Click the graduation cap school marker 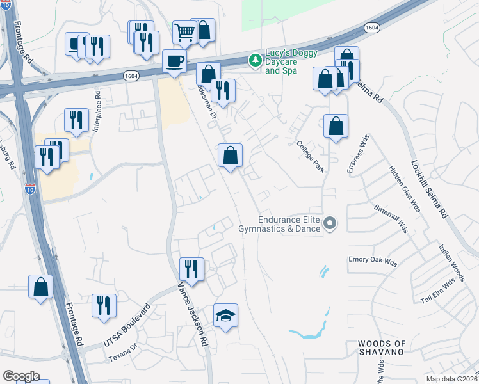(x=225, y=316)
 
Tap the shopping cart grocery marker (x=184, y=31)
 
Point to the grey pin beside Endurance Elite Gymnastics (x=330, y=223)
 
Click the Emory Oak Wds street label (x=373, y=262)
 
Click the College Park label (x=311, y=157)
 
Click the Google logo (x=22, y=376)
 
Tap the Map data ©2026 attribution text (x=452, y=379)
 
